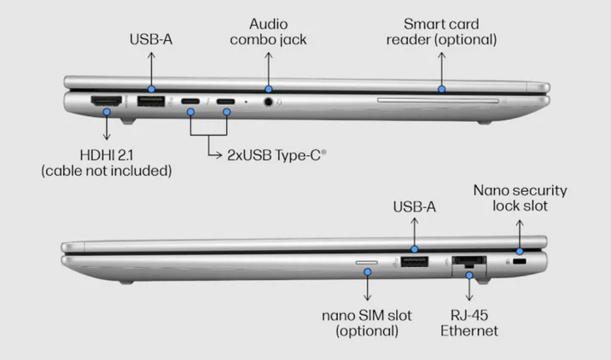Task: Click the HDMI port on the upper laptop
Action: tap(107, 103)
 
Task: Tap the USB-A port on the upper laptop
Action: tap(151, 103)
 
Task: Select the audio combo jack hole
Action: tap(271, 102)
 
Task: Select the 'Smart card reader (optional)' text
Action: tap(441, 31)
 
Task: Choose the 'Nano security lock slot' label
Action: tap(520, 198)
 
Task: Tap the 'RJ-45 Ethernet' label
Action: tap(469, 322)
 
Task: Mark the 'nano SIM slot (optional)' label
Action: tap(367, 322)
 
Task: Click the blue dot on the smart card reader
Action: tap(441, 87)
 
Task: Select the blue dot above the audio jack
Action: tap(268, 88)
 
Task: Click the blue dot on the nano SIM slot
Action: tap(367, 272)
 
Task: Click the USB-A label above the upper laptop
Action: tap(151, 38)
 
